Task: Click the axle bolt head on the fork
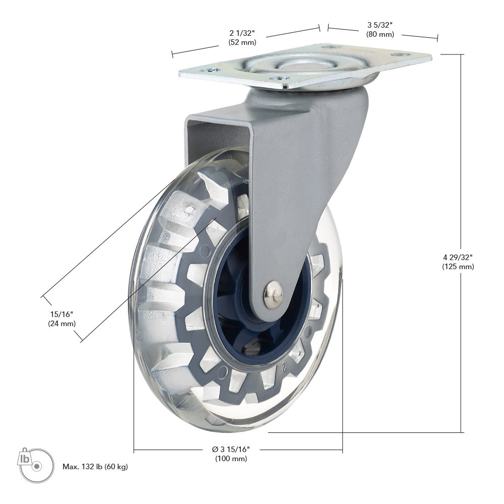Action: [x=274, y=294]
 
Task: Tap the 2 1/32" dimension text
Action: [x=242, y=33]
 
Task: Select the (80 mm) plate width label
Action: [x=380, y=34]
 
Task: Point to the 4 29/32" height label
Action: [x=458, y=257]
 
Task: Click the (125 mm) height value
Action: [x=458, y=267]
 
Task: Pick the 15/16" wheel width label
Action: [x=61, y=314]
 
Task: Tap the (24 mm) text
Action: [x=61, y=324]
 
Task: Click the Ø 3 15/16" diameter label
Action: [x=231, y=449]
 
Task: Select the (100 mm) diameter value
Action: [x=231, y=458]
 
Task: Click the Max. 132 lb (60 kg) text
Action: [x=95, y=466]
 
